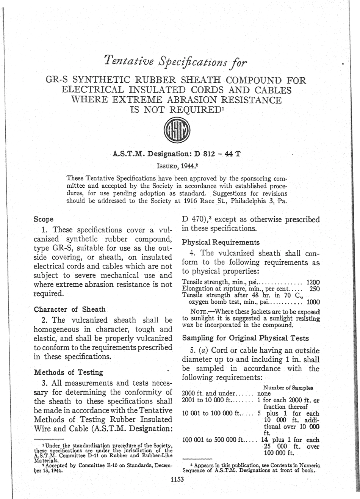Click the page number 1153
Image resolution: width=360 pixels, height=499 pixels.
(x=177, y=479)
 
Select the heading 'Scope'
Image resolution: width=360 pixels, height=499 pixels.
(x=44, y=219)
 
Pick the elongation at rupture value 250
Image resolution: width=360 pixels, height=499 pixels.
(x=315, y=289)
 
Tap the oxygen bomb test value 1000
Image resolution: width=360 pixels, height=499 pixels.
(x=313, y=302)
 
